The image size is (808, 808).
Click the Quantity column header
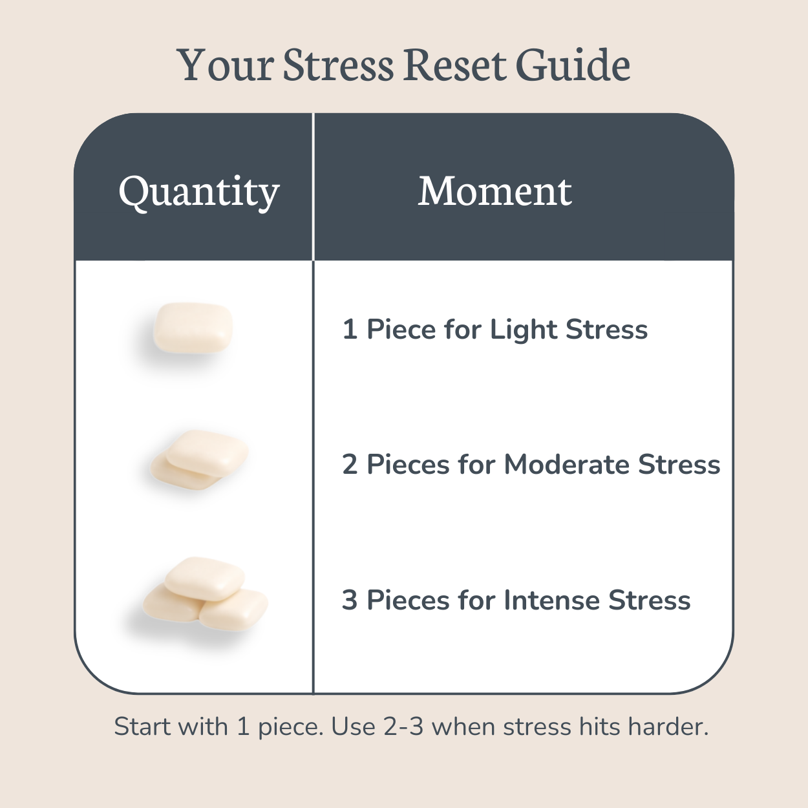[x=199, y=192]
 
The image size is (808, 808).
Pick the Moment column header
[x=494, y=191]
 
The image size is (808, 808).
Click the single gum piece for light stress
[x=193, y=328]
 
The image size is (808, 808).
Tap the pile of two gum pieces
[x=200, y=460]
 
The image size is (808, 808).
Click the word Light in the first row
[x=524, y=330]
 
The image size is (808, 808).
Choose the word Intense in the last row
[x=552, y=601]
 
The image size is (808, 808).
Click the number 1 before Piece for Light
[x=350, y=330]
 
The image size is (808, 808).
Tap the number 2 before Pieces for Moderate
[x=350, y=465]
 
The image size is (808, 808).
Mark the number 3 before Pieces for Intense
[x=350, y=601]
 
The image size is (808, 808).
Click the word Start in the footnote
[x=138, y=727]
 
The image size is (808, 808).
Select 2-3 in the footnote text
[x=403, y=727]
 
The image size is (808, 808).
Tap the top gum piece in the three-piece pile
[x=204, y=577]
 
